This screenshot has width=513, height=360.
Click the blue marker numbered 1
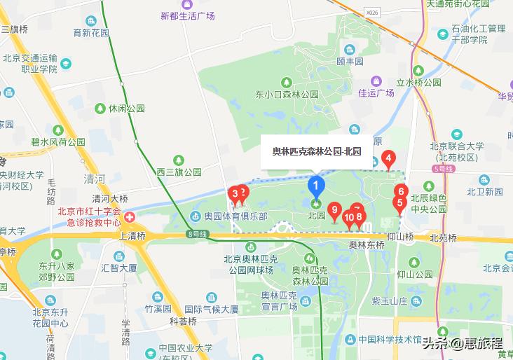click(316, 186)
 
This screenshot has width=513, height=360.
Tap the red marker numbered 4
click(389, 160)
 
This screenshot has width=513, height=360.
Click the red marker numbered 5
click(400, 205)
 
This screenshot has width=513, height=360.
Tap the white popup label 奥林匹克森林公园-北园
click(316, 151)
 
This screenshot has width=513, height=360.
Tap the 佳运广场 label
click(376, 92)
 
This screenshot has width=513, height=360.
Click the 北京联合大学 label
click(456, 146)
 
